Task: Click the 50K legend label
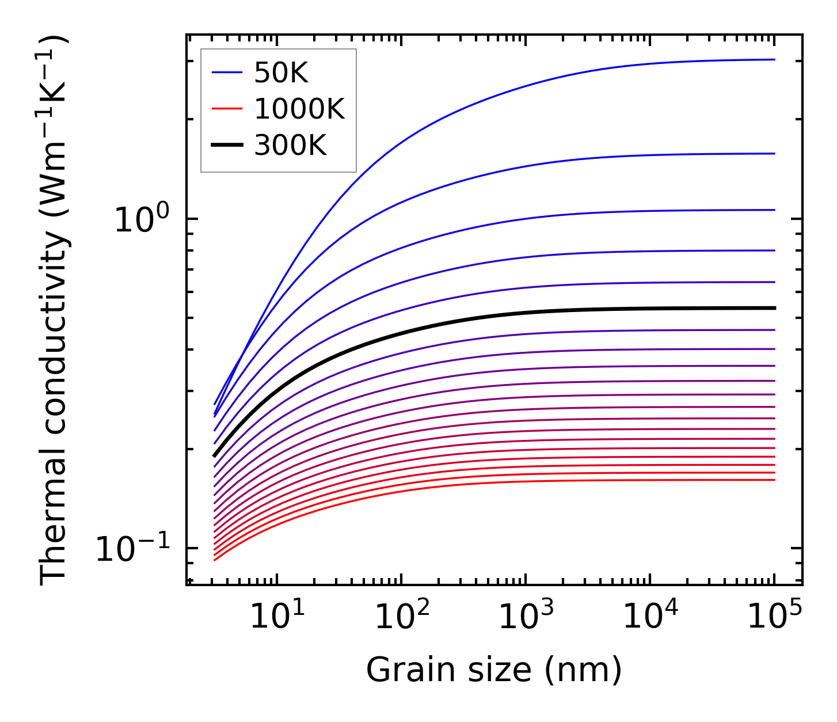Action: point(281,73)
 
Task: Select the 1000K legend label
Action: point(299,109)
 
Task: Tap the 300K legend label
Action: point(290,146)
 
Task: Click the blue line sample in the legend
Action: point(228,73)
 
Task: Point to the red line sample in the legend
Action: point(228,109)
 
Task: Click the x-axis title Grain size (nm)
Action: point(494,670)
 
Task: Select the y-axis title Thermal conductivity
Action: point(54,311)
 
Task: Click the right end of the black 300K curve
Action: point(773,308)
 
